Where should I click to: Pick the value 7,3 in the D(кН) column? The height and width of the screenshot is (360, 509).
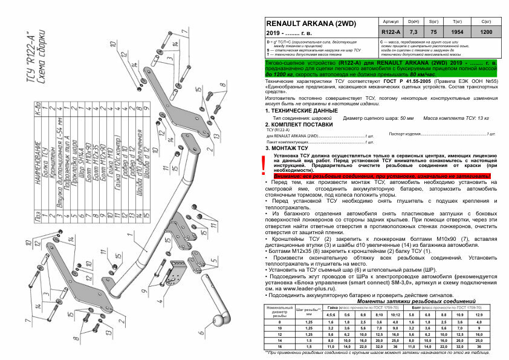pyautogui.click(x=414, y=31)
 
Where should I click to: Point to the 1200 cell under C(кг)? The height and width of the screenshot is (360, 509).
pyautogui.click(x=485, y=31)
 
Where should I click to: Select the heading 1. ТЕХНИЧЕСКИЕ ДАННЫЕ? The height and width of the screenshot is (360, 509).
pyautogui.click(x=301, y=111)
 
